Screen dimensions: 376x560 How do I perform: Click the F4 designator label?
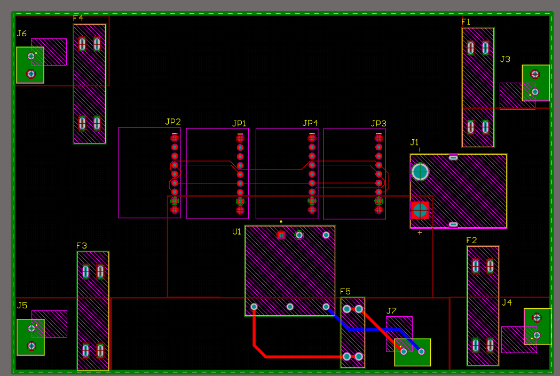tap(78, 18)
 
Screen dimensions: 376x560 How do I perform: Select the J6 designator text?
tap(21, 34)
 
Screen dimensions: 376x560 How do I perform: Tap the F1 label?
tap(466, 22)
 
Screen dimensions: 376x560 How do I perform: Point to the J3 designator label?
tap(505, 59)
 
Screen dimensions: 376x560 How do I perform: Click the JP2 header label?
tap(173, 122)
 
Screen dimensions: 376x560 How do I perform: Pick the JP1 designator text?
tap(239, 123)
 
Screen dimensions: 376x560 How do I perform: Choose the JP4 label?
tap(310, 123)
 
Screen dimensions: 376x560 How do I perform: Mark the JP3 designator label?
tap(378, 123)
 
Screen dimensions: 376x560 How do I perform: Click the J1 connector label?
tap(414, 142)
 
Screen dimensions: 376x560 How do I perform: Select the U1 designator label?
tap(236, 231)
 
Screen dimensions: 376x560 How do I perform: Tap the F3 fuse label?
tap(81, 246)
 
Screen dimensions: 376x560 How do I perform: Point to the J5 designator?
tap(22, 306)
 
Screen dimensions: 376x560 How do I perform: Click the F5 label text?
tap(345, 292)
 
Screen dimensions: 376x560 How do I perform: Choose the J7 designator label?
tap(392, 311)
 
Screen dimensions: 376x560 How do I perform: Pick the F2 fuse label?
tap(471, 241)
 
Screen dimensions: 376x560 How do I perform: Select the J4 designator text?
tap(507, 302)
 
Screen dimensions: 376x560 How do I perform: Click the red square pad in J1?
tap(420, 210)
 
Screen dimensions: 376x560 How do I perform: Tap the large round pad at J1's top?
tap(420, 172)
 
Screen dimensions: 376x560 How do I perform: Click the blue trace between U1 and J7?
tap(368, 330)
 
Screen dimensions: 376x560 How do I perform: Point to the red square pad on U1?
tap(281, 235)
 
